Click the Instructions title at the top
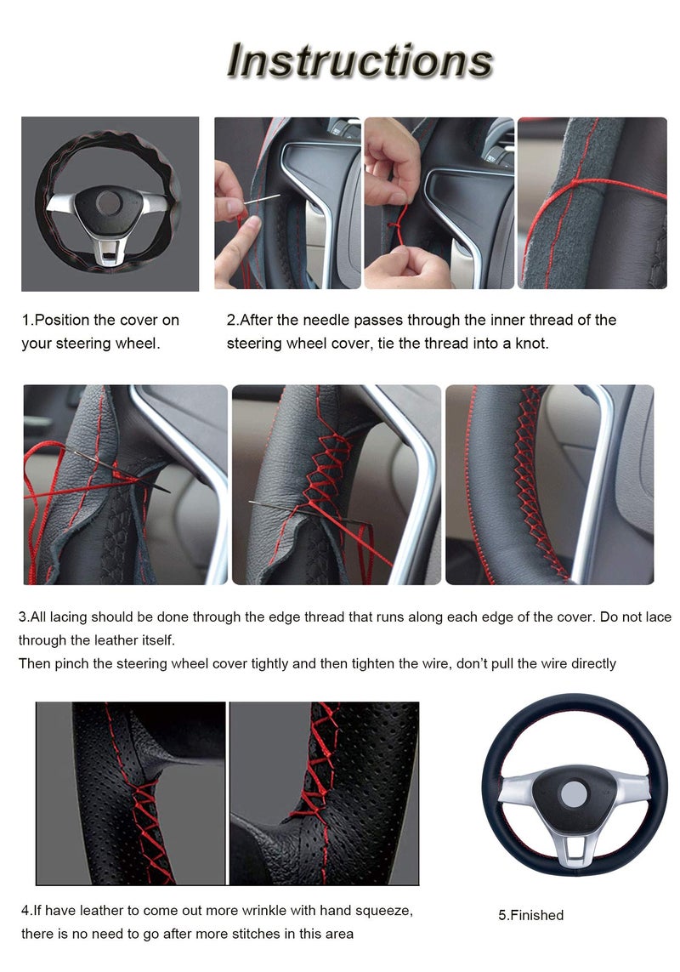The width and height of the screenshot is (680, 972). click(360, 60)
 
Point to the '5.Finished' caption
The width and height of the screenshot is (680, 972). click(530, 915)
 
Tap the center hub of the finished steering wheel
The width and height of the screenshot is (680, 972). click(573, 794)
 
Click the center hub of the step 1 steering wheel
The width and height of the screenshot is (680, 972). click(109, 202)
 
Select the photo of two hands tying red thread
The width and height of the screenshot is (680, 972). click(439, 202)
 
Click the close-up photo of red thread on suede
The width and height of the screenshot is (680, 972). click(592, 202)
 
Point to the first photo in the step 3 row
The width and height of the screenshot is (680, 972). click(125, 485)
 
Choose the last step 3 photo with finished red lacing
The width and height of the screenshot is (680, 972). click(549, 485)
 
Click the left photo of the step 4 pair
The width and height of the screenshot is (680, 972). click(131, 793)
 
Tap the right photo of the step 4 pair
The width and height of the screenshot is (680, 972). click(324, 793)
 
